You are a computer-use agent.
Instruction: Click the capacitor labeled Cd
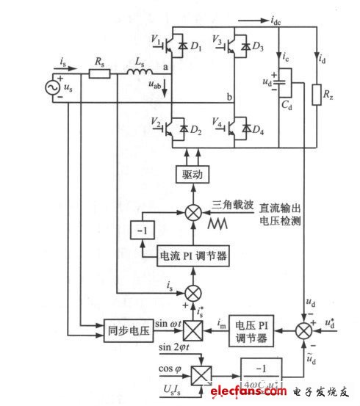(286, 80)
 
